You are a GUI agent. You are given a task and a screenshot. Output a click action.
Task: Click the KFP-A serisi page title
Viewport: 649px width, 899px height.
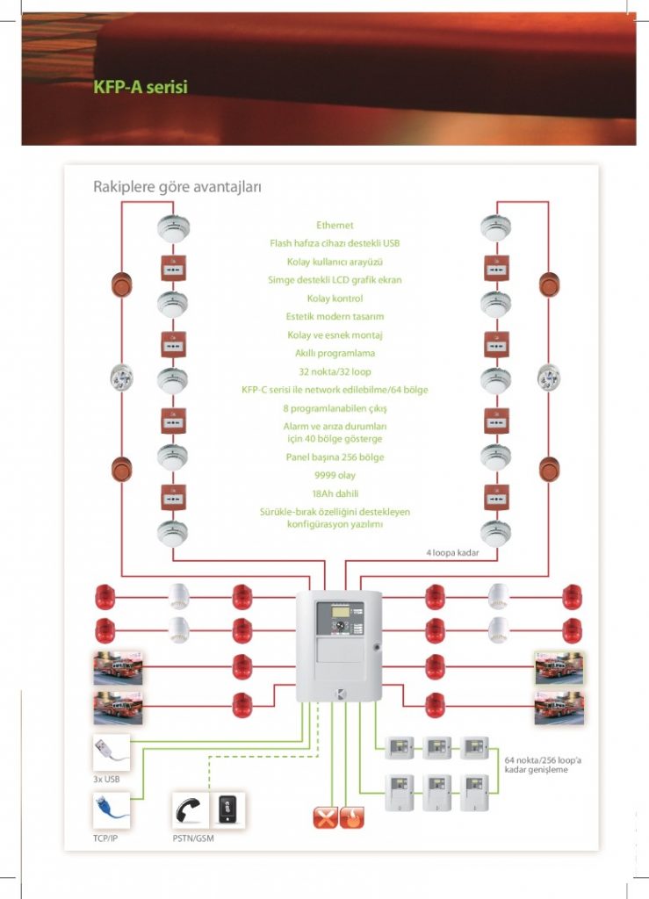click(x=141, y=88)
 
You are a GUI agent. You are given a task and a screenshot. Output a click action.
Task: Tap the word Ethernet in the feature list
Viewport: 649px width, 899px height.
click(x=335, y=226)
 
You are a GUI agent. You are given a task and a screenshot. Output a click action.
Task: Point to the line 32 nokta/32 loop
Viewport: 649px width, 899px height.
click(x=335, y=371)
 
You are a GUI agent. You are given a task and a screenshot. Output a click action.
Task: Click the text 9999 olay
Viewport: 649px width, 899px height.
click(x=335, y=475)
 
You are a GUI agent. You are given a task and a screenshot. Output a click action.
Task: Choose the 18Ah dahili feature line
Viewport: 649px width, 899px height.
click(x=335, y=493)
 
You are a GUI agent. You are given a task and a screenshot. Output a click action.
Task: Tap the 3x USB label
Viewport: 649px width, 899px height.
click(x=106, y=779)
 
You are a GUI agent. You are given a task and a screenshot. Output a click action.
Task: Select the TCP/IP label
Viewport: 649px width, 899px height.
click(x=106, y=838)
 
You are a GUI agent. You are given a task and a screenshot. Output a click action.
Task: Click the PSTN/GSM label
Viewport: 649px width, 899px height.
click(x=193, y=838)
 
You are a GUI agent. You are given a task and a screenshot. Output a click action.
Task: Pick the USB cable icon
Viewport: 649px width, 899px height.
click(x=112, y=752)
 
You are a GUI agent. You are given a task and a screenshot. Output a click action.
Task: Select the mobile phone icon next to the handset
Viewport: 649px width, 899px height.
click(x=227, y=809)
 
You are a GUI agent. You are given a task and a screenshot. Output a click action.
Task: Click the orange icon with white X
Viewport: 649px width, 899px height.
click(x=326, y=817)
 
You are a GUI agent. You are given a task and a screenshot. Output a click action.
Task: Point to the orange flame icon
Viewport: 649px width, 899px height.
click(x=351, y=817)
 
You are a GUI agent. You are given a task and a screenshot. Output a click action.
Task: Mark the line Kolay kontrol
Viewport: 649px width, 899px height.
click(x=335, y=298)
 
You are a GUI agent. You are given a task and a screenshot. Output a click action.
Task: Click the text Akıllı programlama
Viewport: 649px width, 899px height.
click(x=335, y=353)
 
